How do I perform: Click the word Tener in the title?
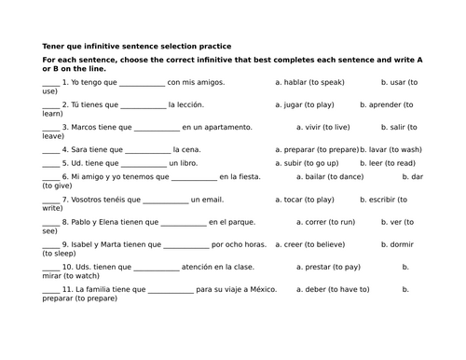coord(54,46)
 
